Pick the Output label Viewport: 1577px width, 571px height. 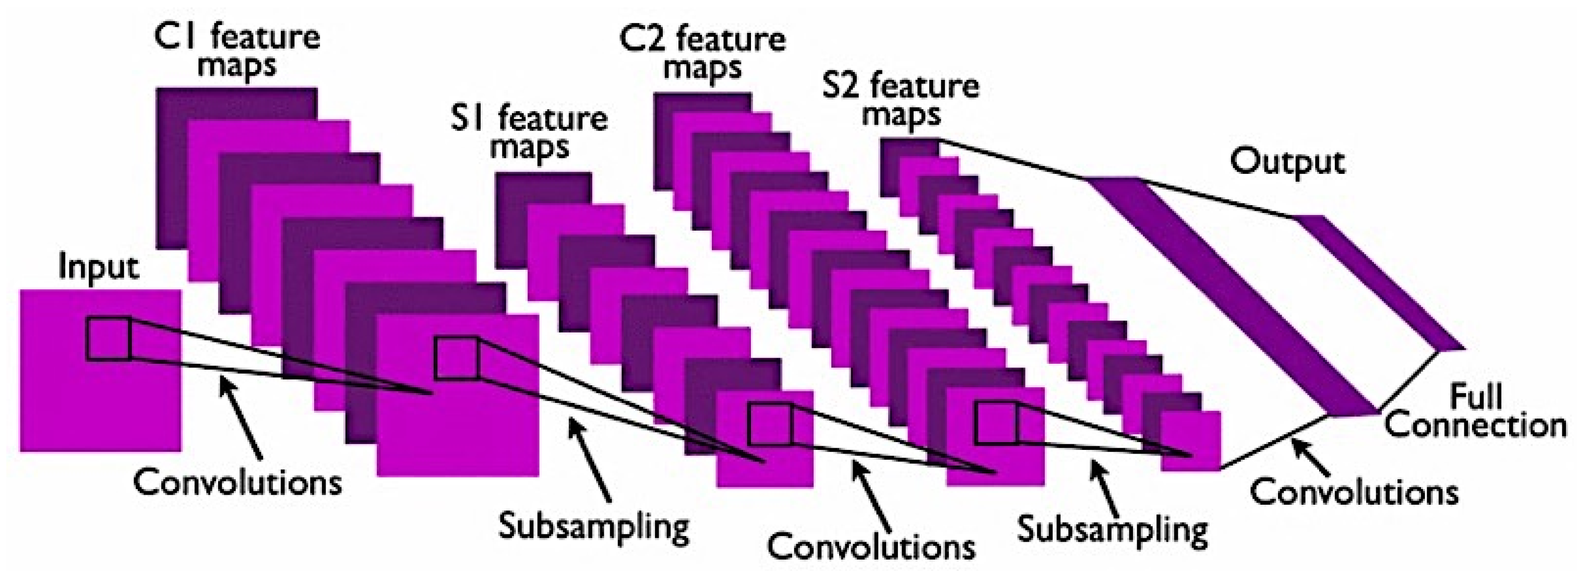click(x=1287, y=162)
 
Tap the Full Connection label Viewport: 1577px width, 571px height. click(x=1475, y=412)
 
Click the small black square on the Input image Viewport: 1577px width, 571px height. click(x=109, y=338)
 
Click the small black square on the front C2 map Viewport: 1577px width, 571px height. click(x=997, y=422)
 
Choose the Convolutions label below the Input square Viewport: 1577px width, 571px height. click(x=237, y=483)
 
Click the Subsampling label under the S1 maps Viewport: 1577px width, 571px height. click(x=594, y=526)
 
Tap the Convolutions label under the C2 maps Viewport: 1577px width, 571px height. click(x=871, y=545)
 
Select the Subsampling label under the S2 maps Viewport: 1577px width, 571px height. click(x=1113, y=529)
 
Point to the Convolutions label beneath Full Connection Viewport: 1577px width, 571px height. click(x=1354, y=492)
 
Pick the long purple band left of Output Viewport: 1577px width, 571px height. click(x=1230, y=294)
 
